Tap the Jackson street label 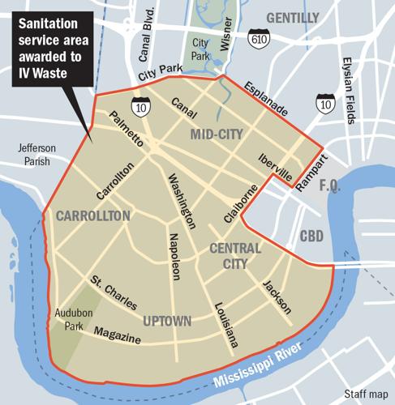[x=277, y=296]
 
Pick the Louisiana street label [x=226, y=325]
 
